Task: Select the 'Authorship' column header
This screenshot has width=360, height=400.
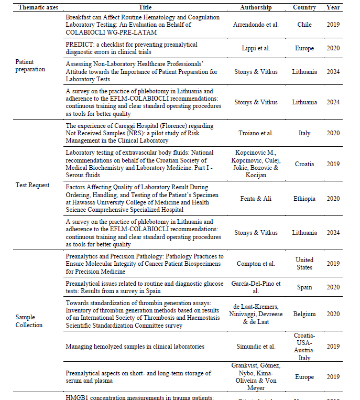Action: click(256, 7)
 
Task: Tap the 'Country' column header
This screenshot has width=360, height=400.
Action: click(304, 7)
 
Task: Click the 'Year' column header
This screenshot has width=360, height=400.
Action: click(333, 7)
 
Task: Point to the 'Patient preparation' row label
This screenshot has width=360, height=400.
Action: click(30, 65)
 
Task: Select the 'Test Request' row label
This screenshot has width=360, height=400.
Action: click(32, 185)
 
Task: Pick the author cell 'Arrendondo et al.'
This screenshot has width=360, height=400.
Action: click(256, 25)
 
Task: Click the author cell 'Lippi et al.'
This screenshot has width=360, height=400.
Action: click(256, 48)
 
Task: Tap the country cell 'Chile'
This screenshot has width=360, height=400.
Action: click(304, 25)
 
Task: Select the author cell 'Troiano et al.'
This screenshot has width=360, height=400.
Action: click(256, 133)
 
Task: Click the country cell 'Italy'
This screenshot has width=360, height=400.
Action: click(304, 133)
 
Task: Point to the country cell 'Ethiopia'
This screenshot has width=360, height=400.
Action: click(304, 199)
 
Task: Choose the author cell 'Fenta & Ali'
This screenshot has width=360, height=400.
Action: click(256, 199)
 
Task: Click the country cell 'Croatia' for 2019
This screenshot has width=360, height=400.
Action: click(304, 164)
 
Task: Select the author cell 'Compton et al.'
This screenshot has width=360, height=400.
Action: click(256, 264)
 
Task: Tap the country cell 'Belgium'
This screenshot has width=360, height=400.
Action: click(304, 314)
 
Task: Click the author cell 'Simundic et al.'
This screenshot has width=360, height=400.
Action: click(256, 347)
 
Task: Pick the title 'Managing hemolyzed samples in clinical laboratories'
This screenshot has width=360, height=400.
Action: click(135, 347)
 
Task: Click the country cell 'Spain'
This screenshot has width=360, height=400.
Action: click(304, 287)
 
